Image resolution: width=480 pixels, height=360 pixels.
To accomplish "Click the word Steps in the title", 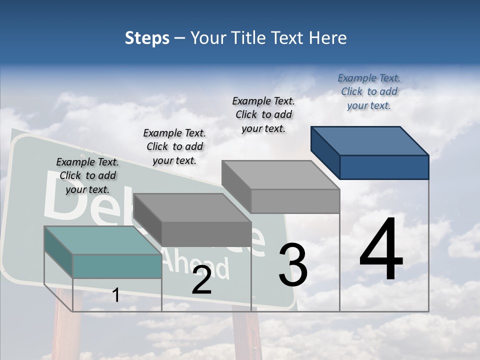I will pos(147,38).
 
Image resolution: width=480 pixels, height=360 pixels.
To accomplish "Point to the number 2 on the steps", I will pos(201,281).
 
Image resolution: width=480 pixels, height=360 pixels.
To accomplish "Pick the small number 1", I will pos(116,295).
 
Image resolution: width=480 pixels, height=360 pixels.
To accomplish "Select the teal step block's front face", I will pos(117,266).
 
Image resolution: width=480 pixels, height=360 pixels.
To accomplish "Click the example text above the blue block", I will pos(369,91).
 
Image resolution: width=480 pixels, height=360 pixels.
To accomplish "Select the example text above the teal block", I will pos(87,175).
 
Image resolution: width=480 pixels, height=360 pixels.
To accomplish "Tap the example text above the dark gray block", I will pos(174,146).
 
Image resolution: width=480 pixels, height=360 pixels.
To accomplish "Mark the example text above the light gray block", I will pos(263,114).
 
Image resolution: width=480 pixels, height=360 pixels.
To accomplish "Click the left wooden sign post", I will pos(62,325).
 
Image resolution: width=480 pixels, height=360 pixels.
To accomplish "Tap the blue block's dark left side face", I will pos(325,152).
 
